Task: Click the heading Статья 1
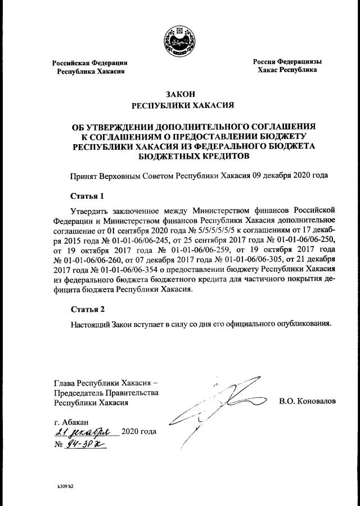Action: click(x=87, y=196)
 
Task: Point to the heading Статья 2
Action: click(x=87, y=309)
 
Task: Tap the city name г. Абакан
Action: click(x=71, y=422)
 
